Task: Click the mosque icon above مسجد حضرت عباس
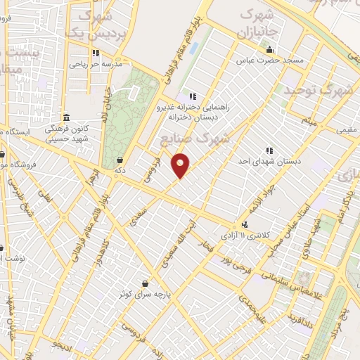[x=269, y=49]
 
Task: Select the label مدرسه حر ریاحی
[x=96, y=63]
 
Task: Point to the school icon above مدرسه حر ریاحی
[x=96, y=52]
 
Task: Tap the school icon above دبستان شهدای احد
[x=269, y=150]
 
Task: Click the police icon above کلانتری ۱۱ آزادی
[x=245, y=224]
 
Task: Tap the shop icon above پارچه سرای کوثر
[x=145, y=283]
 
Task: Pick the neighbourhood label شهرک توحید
[x=314, y=90]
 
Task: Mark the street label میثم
[x=310, y=122]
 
